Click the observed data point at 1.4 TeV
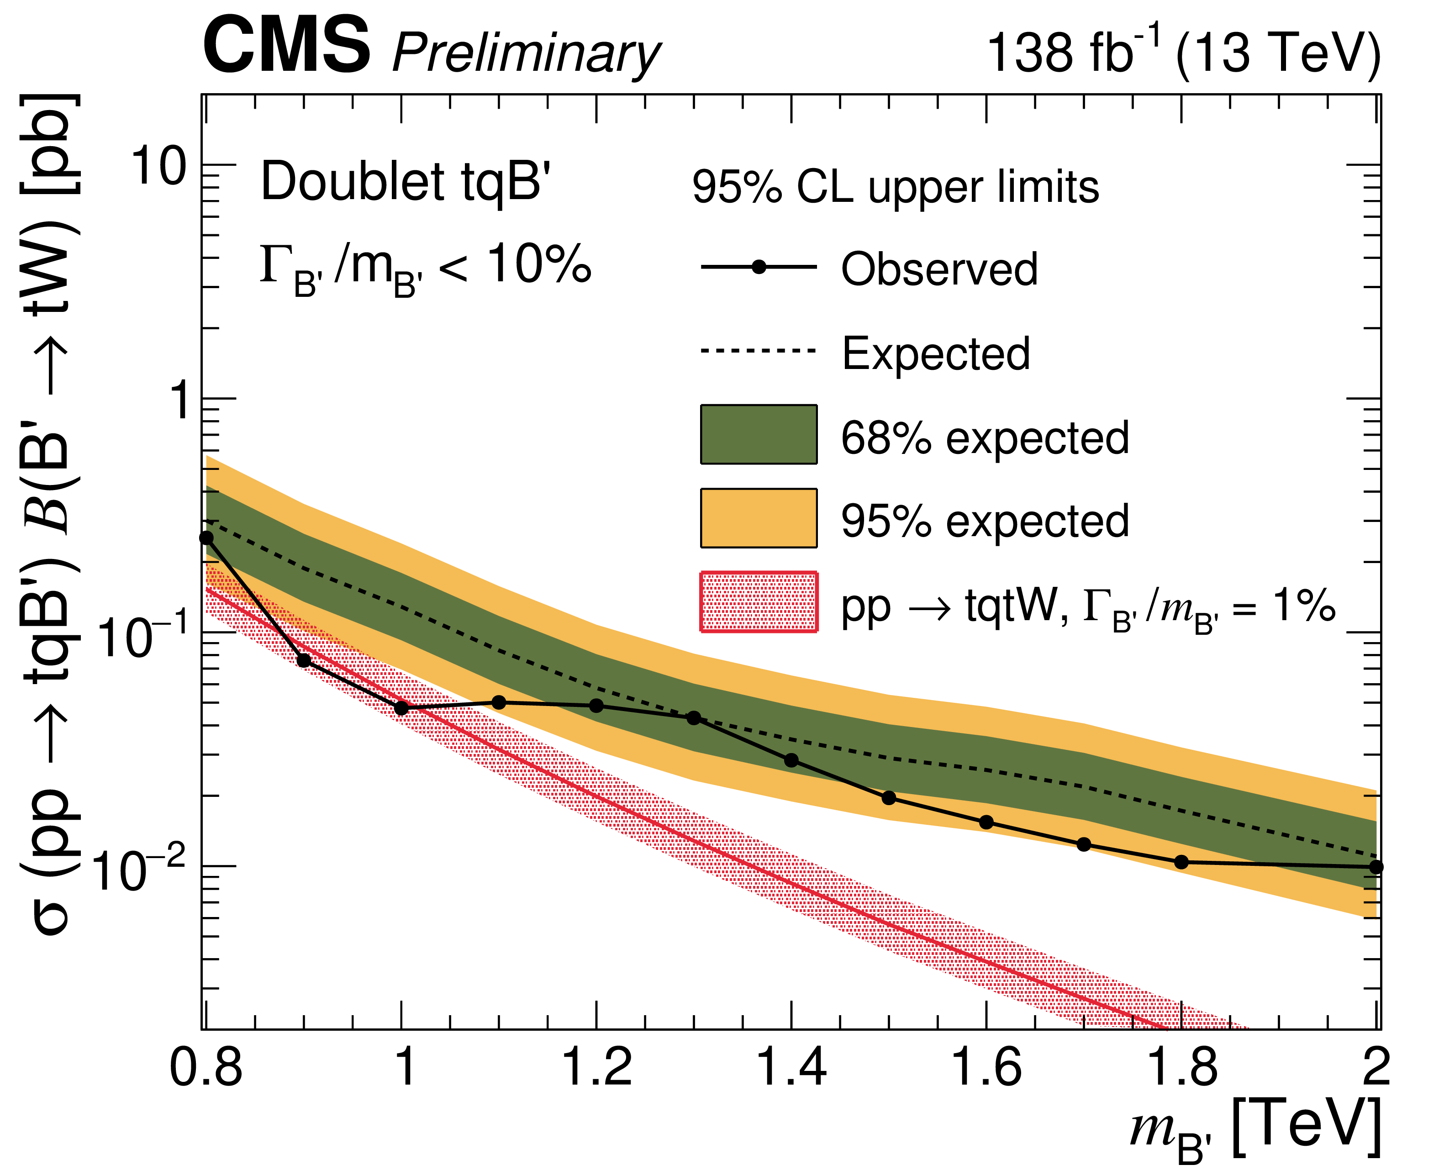click(x=791, y=760)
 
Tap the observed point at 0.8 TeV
click(x=206, y=538)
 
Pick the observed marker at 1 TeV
click(x=402, y=708)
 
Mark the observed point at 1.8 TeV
click(x=1181, y=862)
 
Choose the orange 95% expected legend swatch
click(x=759, y=517)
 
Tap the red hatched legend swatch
click(x=759, y=602)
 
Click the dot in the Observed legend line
click(x=759, y=267)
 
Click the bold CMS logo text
click(x=286, y=46)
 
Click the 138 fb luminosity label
click(x=1072, y=51)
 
